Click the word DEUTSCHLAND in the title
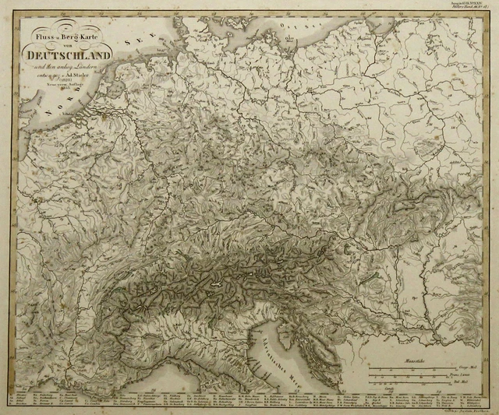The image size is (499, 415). pos(68,55)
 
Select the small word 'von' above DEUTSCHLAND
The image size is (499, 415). pos(69,44)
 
